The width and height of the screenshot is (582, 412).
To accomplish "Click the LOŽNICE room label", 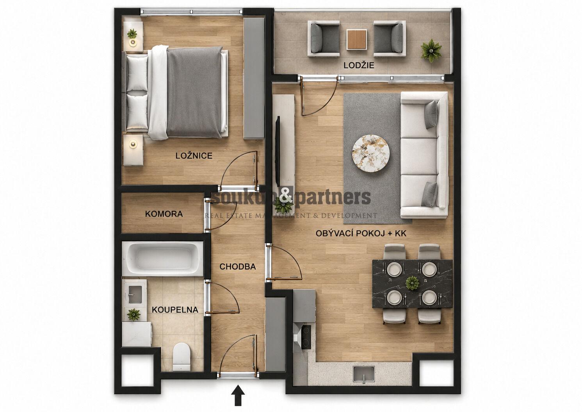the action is (194, 156).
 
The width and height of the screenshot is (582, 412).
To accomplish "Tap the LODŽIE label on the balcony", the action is (359, 65).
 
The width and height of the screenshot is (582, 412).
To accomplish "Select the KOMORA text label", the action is (164, 214).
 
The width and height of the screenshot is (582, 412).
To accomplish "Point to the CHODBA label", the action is (237, 266).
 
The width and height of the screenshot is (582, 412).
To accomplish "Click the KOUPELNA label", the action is (175, 310).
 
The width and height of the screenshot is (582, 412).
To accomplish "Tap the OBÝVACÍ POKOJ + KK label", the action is (361, 234).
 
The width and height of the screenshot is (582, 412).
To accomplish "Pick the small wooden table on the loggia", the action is (356, 39).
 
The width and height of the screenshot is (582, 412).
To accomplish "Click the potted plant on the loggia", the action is (431, 51).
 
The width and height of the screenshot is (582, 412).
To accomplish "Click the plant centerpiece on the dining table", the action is (412, 283).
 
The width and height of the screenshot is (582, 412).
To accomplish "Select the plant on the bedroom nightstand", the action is (132, 34).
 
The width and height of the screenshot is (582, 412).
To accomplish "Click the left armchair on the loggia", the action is (324, 39).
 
